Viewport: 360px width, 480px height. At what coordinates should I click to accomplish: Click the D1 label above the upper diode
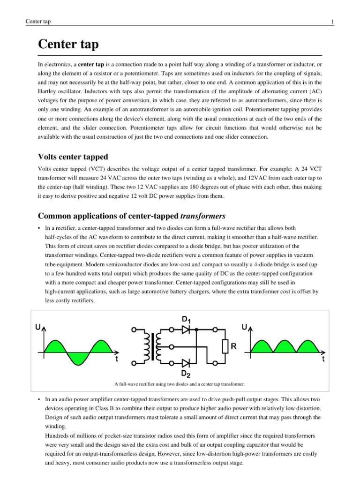click(186, 320)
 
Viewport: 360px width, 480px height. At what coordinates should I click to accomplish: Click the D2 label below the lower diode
click(186, 374)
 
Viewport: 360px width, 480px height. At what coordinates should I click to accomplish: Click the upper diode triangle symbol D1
click(186, 330)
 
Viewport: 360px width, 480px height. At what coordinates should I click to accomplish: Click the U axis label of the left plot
click(37, 327)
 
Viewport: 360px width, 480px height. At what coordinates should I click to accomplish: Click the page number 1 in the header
click(332, 22)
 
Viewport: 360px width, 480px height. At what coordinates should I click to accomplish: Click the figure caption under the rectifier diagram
click(180, 384)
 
